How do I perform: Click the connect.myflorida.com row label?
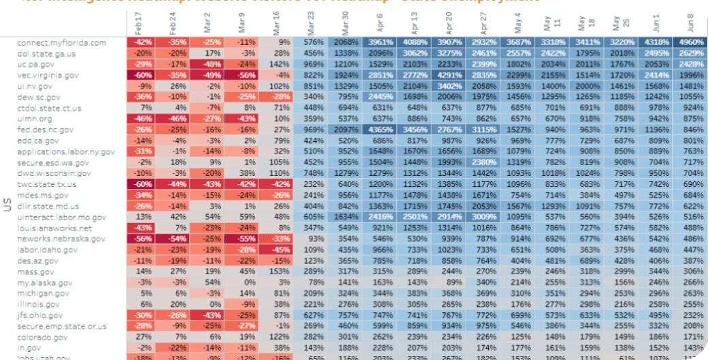tap(62, 43)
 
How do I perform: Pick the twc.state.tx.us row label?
tap(46, 184)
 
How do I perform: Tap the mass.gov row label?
tap(37, 271)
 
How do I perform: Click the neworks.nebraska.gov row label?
tap(61, 239)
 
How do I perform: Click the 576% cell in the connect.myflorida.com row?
tap(310, 43)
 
